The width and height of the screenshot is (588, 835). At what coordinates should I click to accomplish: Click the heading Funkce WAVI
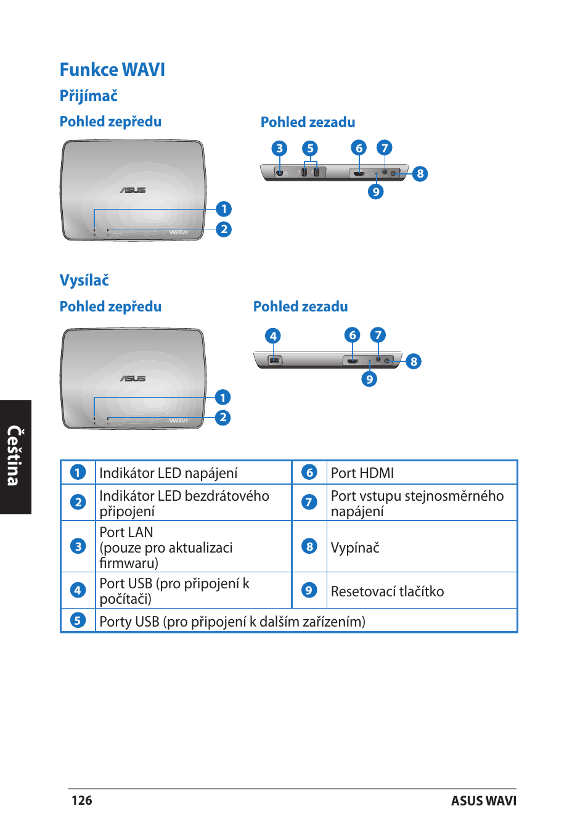(112, 70)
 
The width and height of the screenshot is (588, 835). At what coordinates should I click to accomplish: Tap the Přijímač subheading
(88, 96)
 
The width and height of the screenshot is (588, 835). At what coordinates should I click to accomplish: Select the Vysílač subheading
(84, 280)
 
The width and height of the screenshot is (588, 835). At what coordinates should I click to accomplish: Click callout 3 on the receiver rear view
(279, 148)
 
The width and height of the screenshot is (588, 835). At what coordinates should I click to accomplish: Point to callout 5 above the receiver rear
(310, 148)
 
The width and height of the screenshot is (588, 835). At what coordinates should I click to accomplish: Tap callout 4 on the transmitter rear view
(272, 335)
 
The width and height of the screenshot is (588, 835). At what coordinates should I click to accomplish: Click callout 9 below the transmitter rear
(369, 379)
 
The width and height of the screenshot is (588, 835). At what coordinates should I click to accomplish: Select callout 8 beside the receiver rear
(420, 173)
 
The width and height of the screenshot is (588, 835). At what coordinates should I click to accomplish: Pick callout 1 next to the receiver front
(224, 209)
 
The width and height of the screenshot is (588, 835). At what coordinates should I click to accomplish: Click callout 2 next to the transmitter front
(223, 417)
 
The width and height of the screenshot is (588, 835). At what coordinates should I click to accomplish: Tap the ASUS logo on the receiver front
(133, 190)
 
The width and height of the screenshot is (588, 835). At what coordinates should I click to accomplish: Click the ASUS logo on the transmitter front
(133, 378)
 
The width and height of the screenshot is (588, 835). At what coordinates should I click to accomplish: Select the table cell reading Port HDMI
(362, 473)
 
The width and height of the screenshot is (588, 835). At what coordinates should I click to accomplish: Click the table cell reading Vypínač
(355, 548)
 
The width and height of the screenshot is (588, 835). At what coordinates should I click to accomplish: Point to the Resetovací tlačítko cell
(387, 591)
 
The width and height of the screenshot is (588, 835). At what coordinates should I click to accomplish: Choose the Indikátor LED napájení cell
(168, 473)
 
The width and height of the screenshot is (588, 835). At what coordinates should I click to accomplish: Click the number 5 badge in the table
(78, 620)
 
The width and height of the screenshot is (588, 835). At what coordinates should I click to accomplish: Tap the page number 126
(82, 800)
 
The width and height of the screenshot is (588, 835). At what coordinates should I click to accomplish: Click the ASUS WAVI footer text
(483, 800)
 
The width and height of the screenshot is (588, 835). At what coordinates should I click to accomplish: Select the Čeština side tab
(14, 456)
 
